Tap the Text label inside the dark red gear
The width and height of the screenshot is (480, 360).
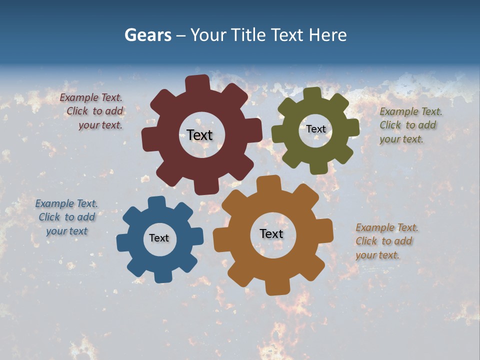click(x=199, y=135)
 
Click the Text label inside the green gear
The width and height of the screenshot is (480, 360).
click(x=315, y=129)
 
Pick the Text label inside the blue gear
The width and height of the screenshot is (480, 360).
click(x=159, y=238)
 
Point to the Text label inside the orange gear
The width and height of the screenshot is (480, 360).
click(x=271, y=233)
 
